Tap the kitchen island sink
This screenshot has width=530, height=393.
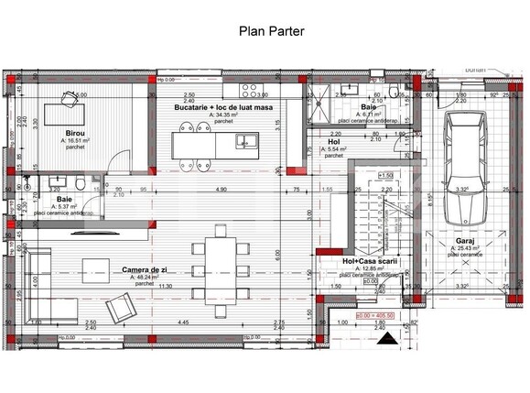click(x=245, y=141)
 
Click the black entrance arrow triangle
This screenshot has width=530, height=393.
click(x=388, y=337)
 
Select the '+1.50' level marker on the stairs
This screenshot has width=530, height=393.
click(x=385, y=175)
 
